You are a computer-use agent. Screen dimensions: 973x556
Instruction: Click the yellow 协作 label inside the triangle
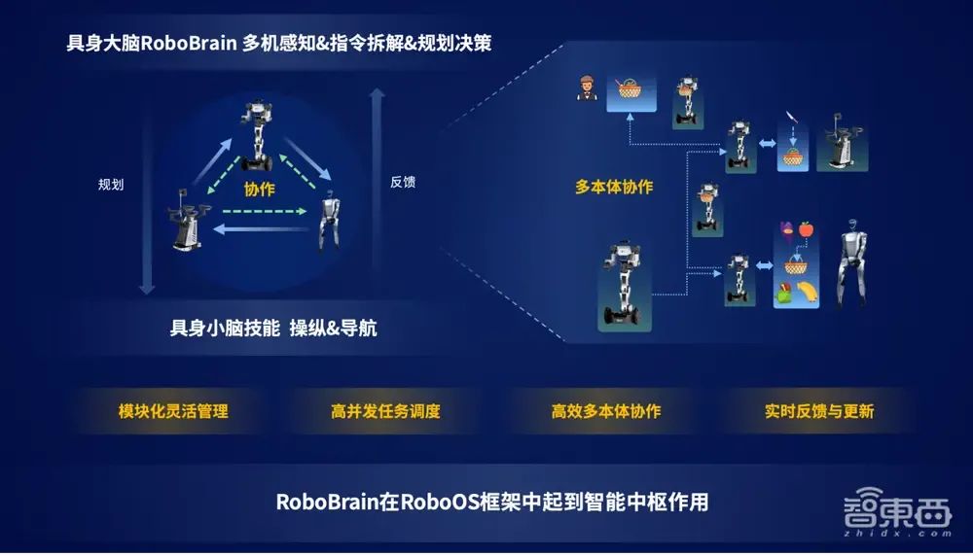pos(260,191)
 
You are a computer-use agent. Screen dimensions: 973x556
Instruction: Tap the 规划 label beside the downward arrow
pos(111,184)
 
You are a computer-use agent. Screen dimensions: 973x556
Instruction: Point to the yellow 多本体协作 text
pos(614,187)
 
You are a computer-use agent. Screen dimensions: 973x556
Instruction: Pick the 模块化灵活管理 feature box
pos(172,411)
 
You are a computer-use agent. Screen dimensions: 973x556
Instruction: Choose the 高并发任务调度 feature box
pos(385,411)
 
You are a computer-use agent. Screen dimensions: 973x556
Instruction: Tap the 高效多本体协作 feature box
pos(605,411)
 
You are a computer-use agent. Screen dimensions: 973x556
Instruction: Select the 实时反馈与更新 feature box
pos(818,411)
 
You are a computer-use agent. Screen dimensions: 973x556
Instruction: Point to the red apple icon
pos(806,230)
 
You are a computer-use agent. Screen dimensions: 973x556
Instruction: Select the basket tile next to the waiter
pos(630,93)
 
